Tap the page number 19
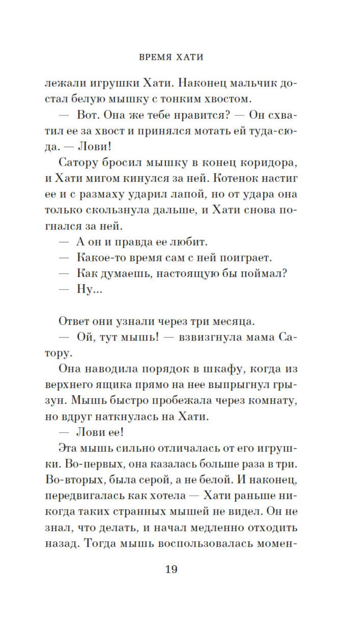click(171, 569)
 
